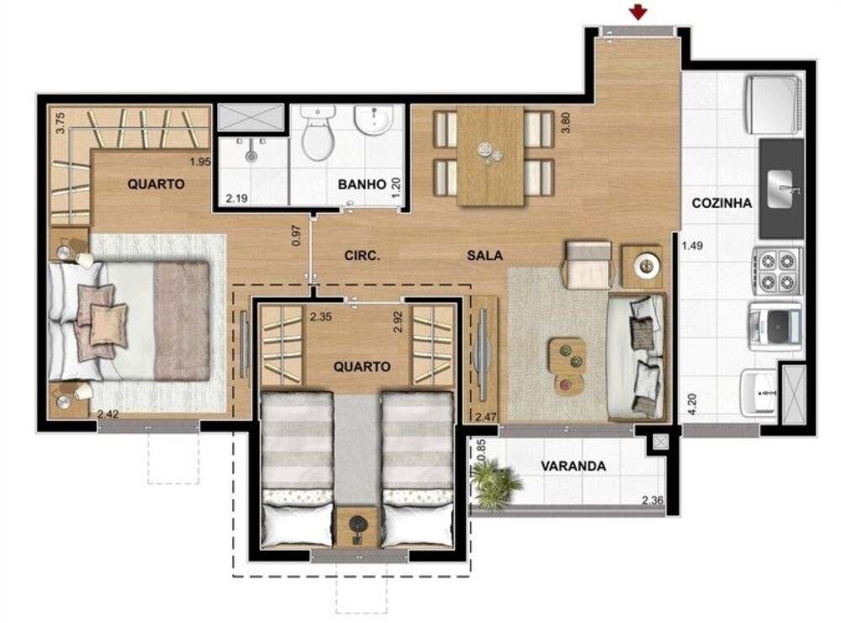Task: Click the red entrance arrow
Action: pyautogui.click(x=640, y=12)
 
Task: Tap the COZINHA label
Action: pyautogui.click(x=721, y=203)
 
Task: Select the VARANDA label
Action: pyautogui.click(x=574, y=466)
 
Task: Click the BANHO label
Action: pyautogui.click(x=362, y=184)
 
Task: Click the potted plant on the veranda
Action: pyautogui.click(x=496, y=484)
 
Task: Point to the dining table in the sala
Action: pyautogui.click(x=491, y=155)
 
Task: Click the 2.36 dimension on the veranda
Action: pyautogui.click(x=653, y=502)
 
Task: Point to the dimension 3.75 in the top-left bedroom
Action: pyautogui.click(x=60, y=123)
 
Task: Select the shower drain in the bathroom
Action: pyautogui.click(x=251, y=154)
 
